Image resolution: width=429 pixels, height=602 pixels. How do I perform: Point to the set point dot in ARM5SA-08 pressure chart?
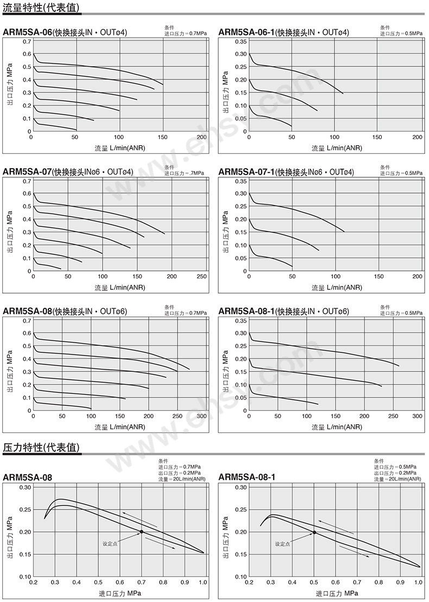click(x=142, y=532)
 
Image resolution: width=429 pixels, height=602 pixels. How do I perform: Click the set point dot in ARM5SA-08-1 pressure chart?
click(x=314, y=532)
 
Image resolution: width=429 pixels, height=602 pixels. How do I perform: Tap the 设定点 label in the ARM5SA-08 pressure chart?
click(x=110, y=543)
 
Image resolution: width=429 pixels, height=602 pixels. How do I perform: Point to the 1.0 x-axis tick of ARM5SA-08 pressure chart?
click(x=203, y=582)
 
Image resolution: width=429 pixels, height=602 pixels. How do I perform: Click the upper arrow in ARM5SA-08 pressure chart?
click(x=140, y=519)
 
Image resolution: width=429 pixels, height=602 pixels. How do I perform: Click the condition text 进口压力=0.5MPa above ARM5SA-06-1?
click(x=401, y=34)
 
